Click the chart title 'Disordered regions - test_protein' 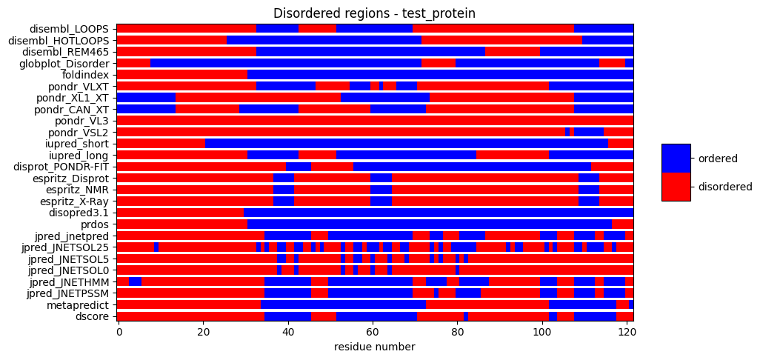[x=374, y=13]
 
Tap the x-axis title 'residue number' [x=374, y=347]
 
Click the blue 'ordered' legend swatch [x=676, y=159]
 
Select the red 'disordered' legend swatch [x=676, y=187]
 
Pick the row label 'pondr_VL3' [x=82, y=121]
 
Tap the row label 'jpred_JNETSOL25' [x=68, y=247]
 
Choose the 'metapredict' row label [x=78, y=304]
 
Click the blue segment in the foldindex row [x=440, y=75]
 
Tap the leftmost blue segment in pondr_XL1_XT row [x=146, y=98]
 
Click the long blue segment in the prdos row [x=430, y=224]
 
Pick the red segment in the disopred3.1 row [x=180, y=213]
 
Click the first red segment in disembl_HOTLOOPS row [x=171, y=40]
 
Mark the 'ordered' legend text [x=716, y=159]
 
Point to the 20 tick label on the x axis [x=203, y=333]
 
